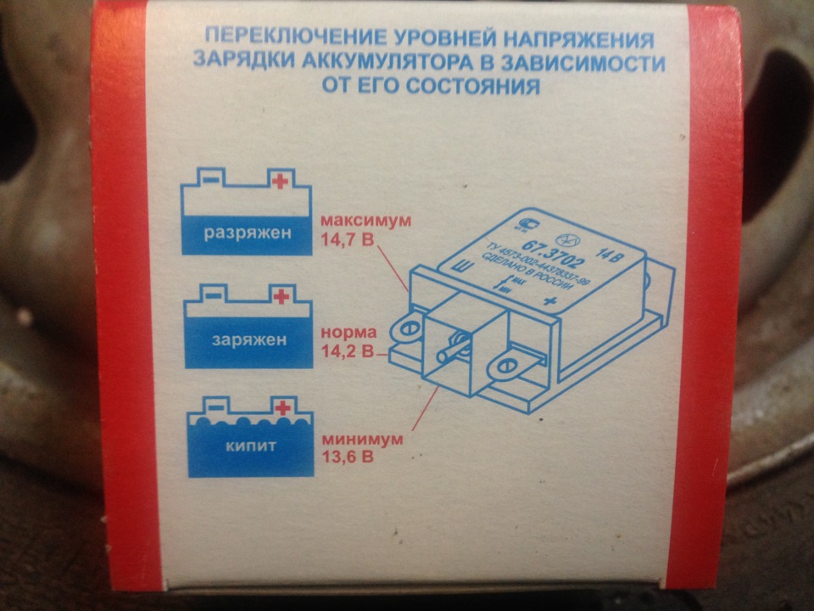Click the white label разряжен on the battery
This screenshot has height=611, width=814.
point(247,233)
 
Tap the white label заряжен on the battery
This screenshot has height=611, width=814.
point(247,340)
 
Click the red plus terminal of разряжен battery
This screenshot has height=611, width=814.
point(279,180)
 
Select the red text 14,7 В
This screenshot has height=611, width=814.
point(347,240)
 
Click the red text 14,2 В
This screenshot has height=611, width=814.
point(347,349)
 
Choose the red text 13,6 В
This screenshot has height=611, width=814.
point(347,457)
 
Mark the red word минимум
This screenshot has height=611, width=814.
point(355,440)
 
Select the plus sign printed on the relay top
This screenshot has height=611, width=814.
point(549,303)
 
